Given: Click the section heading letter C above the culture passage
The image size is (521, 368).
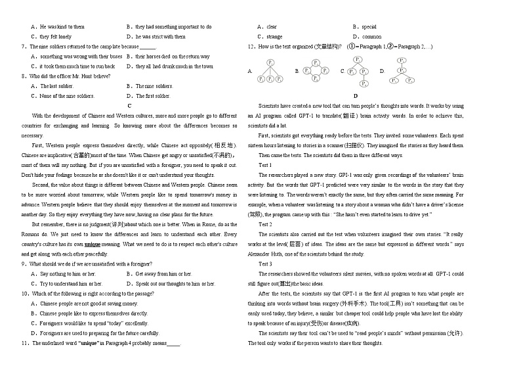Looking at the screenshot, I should [x=129, y=105].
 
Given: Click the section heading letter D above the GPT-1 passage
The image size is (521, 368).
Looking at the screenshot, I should [x=355, y=96].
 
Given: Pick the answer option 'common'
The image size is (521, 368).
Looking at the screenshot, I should [x=371, y=37].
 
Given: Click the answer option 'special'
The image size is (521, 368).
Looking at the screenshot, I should [x=369, y=27].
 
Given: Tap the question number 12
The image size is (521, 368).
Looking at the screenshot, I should [x=252, y=47].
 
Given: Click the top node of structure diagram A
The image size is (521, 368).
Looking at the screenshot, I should [x=270, y=61].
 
